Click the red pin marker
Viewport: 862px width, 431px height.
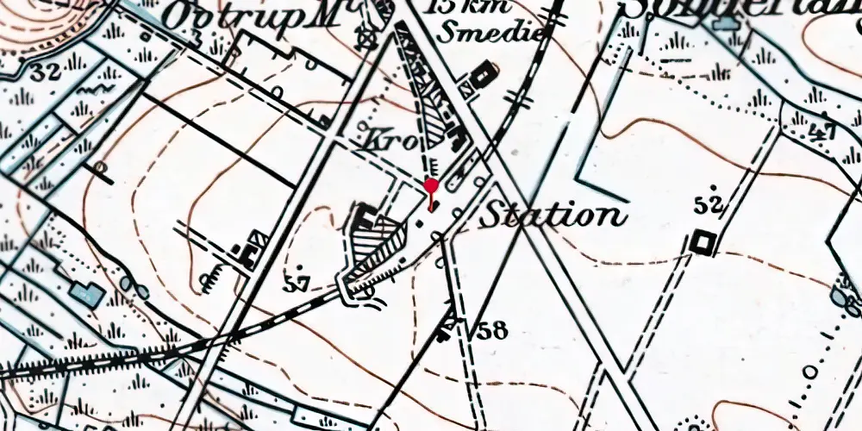click(431, 186)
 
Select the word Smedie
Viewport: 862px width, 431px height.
click(492, 32)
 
